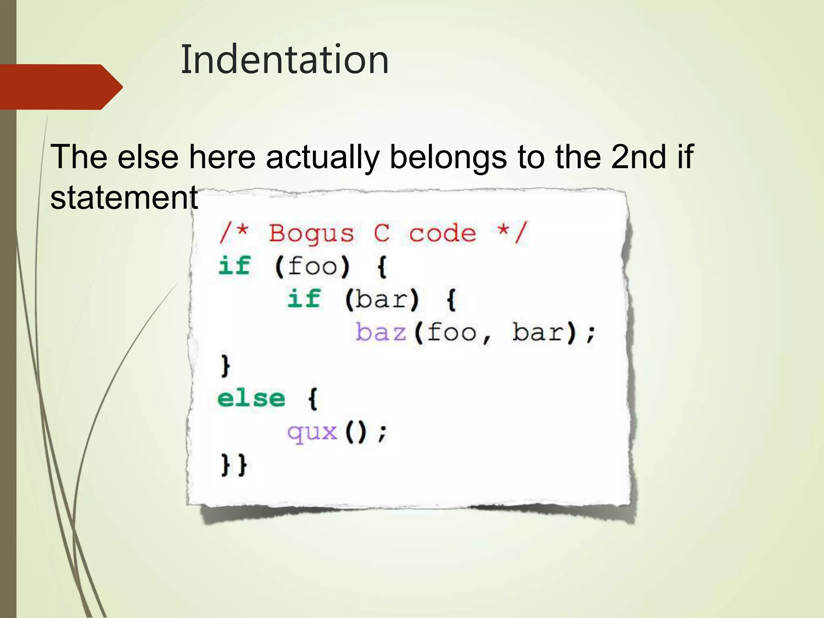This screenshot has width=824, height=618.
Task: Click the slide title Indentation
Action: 284,60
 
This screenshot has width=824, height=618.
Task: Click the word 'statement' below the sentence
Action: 124,198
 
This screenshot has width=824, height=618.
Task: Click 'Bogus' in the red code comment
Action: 311,233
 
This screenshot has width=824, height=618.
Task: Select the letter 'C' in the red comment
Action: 381,233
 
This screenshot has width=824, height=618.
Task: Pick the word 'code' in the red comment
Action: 443,233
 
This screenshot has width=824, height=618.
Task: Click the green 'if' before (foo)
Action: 235,266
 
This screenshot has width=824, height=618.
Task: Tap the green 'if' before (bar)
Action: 304,299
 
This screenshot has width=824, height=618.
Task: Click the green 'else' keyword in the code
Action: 251,399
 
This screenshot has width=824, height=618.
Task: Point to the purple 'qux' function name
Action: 312,433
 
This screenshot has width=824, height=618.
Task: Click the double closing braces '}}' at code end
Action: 234,466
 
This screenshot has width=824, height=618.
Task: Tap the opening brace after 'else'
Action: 313,399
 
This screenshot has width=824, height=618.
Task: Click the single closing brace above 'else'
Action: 225,366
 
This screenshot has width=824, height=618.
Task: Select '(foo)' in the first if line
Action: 312,266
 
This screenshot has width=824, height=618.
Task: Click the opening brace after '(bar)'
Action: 451,300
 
